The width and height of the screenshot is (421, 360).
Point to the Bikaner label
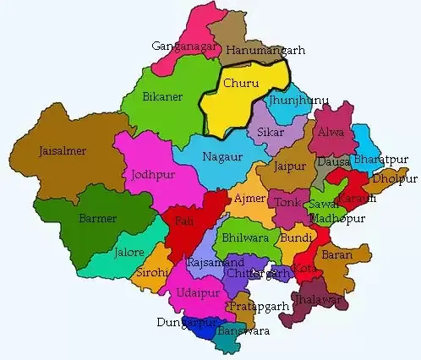(x=162, y=97)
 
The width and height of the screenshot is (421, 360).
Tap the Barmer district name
(x=98, y=219)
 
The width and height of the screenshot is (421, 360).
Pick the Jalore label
(x=130, y=253)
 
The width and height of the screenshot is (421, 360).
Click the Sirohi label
(x=153, y=273)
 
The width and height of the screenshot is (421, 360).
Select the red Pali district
(x=183, y=229)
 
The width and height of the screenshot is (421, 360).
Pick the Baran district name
(x=336, y=254)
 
